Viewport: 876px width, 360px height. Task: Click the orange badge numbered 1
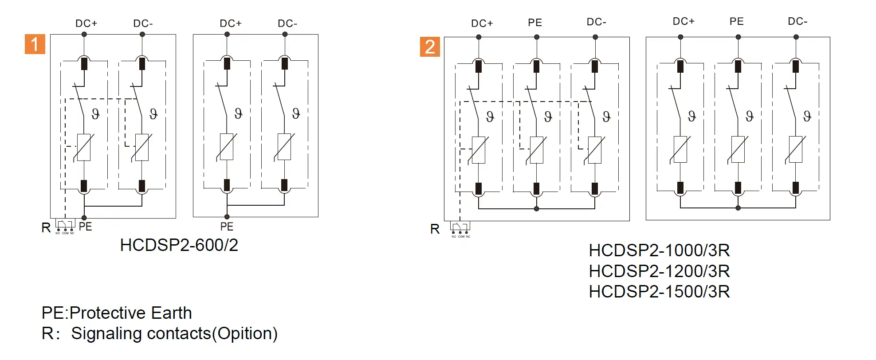point(35,44)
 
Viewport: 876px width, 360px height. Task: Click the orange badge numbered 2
point(430,47)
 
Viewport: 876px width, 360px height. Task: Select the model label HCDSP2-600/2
point(179,245)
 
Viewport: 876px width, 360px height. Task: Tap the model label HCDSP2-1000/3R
point(659,250)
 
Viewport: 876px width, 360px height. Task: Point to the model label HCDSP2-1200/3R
point(659,271)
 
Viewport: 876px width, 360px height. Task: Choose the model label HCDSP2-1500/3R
point(659,291)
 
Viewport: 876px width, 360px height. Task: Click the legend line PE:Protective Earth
point(117,313)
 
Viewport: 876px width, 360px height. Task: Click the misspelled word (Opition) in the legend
point(245,333)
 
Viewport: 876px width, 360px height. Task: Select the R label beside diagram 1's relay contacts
point(46,228)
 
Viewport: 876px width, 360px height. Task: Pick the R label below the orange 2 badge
point(435,229)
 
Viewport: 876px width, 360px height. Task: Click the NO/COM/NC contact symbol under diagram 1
point(65,226)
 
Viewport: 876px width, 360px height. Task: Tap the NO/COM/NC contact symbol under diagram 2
point(460,229)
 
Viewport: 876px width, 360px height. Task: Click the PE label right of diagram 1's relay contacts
point(85,227)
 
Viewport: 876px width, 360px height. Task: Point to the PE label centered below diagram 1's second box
point(227,227)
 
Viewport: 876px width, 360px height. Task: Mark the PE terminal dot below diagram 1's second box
point(227,217)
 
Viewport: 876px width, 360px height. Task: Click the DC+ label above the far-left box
point(86,23)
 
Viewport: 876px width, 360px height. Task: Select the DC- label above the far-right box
point(797,21)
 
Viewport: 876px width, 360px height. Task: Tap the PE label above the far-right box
point(737,21)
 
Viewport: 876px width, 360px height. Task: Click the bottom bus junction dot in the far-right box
point(738,208)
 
